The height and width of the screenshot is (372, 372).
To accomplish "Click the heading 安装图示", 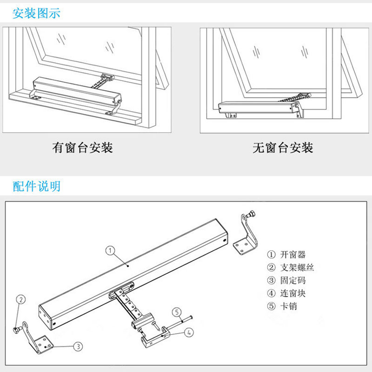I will (x=37, y=13).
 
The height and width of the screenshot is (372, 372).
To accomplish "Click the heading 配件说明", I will (x=37, y=187).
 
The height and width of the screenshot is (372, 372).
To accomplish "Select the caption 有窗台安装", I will (x=83, y=148).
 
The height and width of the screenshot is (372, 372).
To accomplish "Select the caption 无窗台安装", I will (x=283, y=148).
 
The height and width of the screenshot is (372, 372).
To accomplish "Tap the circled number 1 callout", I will (x=110, y=250).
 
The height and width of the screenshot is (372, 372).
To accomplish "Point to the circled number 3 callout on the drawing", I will (x=79, y=345).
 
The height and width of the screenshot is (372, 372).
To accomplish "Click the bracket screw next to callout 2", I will (x=17, y=329).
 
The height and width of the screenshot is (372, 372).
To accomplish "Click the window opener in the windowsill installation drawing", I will (x=77, y=91).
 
